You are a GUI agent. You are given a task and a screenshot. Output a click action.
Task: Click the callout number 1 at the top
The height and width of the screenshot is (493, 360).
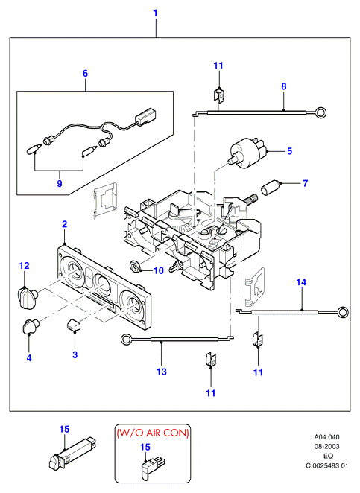pos(155,13)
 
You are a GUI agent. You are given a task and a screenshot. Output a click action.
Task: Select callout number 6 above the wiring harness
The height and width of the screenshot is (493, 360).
pos(85,73)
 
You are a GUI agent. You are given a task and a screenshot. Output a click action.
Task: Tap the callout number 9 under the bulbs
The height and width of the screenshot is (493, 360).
pos(60,183)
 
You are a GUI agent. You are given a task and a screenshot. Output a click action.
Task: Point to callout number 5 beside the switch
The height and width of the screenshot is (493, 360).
pos(289,151)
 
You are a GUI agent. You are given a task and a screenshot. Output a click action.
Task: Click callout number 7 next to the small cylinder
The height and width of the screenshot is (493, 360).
pos(305,183)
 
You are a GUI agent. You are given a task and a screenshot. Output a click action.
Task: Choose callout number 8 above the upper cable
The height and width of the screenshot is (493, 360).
pos(284,86)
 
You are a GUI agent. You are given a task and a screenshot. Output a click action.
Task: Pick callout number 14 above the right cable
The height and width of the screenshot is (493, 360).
pos(301,282)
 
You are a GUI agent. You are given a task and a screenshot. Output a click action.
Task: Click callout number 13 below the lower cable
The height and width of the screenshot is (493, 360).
pos(162,372)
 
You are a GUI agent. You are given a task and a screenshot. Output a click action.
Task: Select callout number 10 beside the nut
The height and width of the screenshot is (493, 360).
pos(159,270)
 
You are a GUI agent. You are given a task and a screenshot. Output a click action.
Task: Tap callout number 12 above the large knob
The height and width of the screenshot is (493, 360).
pos(25,266)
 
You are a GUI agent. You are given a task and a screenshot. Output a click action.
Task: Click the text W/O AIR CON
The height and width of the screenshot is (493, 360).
pos(153,433)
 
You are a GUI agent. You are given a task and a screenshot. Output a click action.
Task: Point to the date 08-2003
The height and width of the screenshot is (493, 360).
pos(327,446)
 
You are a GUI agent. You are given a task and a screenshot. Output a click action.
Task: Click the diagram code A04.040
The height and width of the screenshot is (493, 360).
pos(327,436)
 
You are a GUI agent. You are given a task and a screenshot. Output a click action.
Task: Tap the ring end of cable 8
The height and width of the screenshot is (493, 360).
pos(321,112)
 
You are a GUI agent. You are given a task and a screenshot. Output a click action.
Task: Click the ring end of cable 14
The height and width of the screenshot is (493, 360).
pos(343,312)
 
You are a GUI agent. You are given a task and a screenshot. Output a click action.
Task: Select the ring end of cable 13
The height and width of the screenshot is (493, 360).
pos(127,340)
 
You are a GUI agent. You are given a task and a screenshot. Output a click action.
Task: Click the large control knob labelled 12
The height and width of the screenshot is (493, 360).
pos(27,297)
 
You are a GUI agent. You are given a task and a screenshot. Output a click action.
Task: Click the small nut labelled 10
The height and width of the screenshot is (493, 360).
pos(136,266)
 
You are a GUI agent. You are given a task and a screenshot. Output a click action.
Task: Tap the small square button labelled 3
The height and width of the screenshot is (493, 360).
pos(73,324)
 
